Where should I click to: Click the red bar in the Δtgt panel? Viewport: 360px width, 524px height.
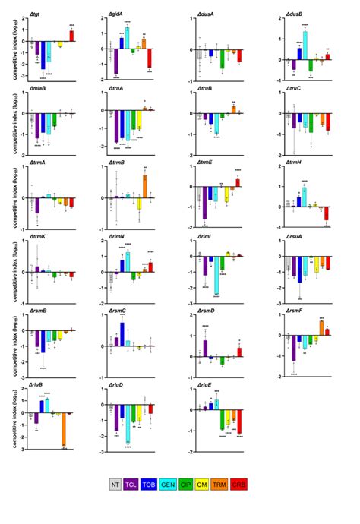click(x=71, y=36)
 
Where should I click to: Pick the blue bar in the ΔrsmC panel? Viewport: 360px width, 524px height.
click(x=122, y=333)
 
